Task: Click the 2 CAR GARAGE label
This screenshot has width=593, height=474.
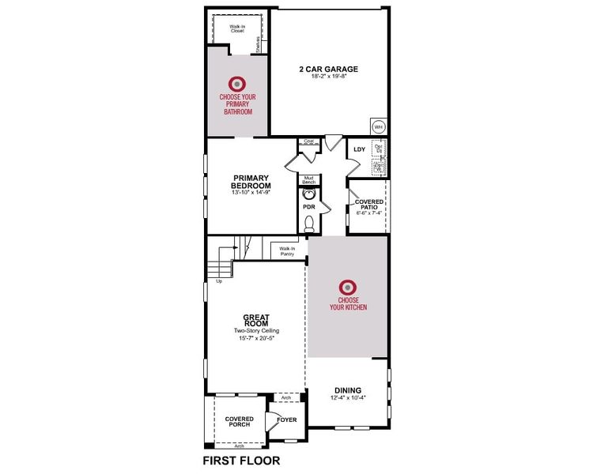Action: point(328,69)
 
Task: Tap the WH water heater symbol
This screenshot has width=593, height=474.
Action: point(377,126)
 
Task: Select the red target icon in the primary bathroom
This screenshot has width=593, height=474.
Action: point(236,83)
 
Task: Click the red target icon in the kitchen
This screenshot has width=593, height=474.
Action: point(347,288)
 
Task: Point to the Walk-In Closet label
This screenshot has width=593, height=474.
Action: point(237,28)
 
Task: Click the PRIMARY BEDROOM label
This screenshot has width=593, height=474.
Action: point(251,182)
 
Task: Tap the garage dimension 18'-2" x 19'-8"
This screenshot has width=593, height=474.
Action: point(328,77)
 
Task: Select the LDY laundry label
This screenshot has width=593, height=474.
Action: point(359,149)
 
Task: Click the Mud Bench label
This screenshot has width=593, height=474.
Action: point(309,180)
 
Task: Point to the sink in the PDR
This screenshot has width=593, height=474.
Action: point(310,194)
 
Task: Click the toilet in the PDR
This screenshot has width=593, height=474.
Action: point(309,224)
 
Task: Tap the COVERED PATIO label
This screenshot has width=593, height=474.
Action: point(369,205)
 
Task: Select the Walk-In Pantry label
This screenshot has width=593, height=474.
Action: point(285,251)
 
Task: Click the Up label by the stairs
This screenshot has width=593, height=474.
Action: point(219,281)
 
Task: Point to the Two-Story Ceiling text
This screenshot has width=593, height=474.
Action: point(256,330)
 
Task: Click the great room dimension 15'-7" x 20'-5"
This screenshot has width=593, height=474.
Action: point(256,338)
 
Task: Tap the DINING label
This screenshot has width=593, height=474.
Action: point(347,390)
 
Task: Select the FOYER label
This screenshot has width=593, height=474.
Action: point(287,419)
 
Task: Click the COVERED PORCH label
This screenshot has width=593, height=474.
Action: point(239,421)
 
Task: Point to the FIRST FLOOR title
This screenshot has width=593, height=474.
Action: point(241,460)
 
